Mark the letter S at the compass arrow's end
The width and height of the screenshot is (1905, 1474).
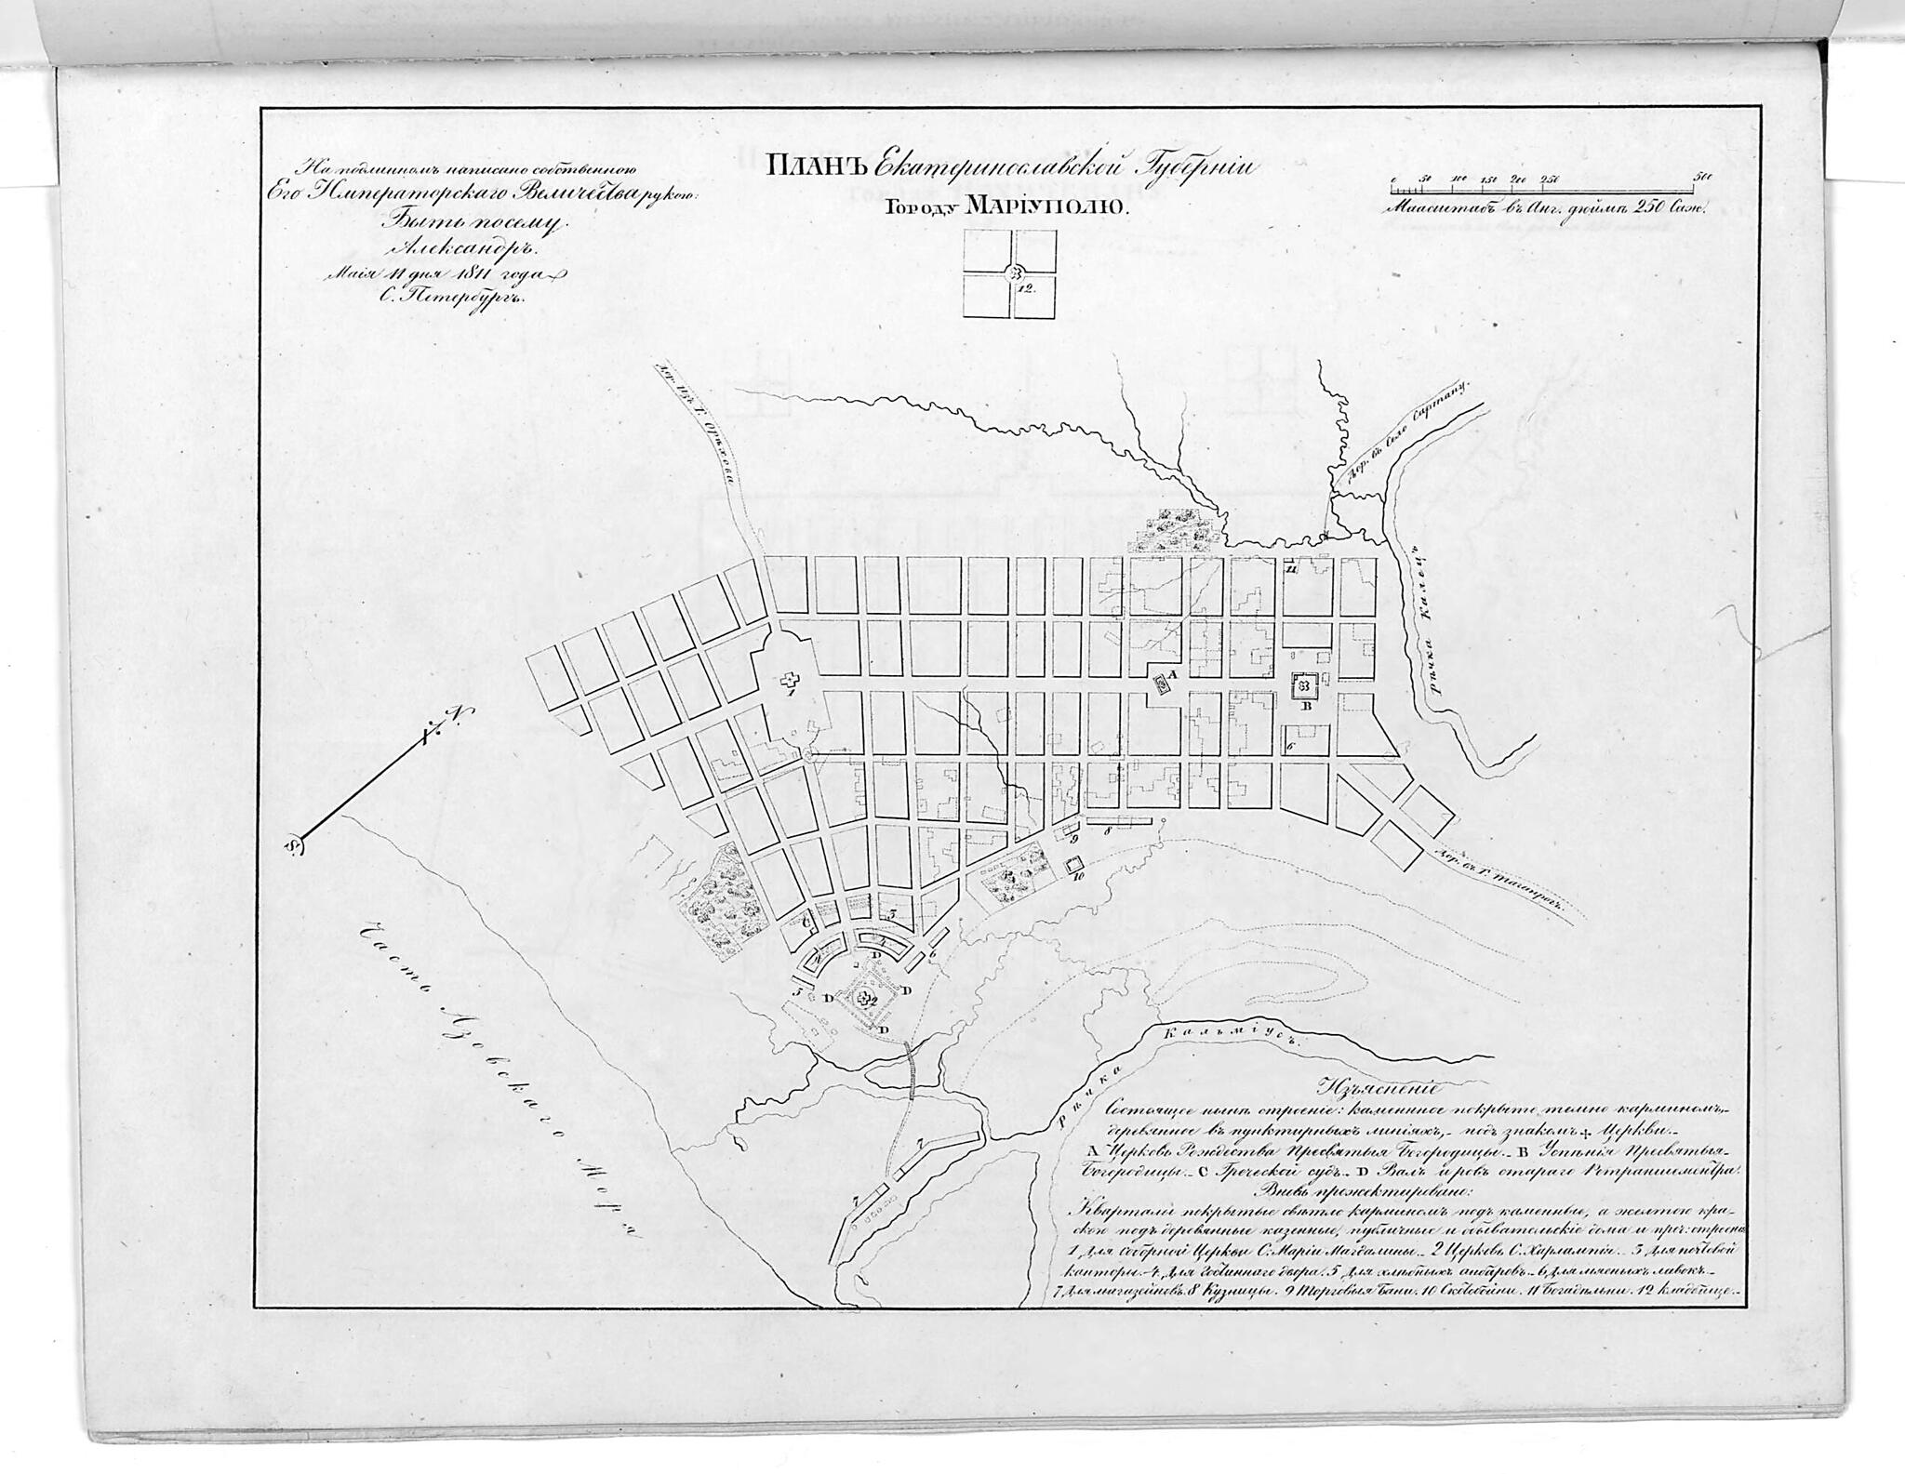(x=294, y=844)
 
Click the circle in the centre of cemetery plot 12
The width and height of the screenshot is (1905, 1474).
(x=1011, y=272)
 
